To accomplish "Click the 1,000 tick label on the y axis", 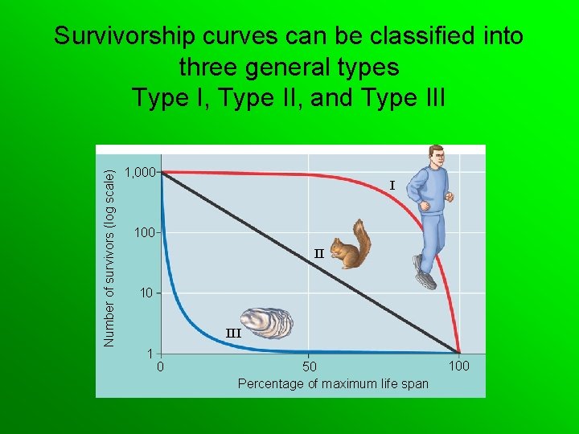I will [142, 172].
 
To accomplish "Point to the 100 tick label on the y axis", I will [145, 232].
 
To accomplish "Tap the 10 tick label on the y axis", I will [146, 293].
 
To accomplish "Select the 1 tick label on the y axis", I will [150, 353].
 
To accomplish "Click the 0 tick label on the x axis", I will [161, 367].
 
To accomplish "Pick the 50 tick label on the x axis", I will [310, 367].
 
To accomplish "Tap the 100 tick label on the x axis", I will [458, 367].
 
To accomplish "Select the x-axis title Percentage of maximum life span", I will [333, 383].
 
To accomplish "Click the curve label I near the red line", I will [392, 186].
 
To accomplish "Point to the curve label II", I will [318, 253].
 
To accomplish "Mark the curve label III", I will [233, 333].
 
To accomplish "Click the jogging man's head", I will [437, 157].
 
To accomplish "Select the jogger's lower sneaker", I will [425, 278].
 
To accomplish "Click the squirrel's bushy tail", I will [363, 238].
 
